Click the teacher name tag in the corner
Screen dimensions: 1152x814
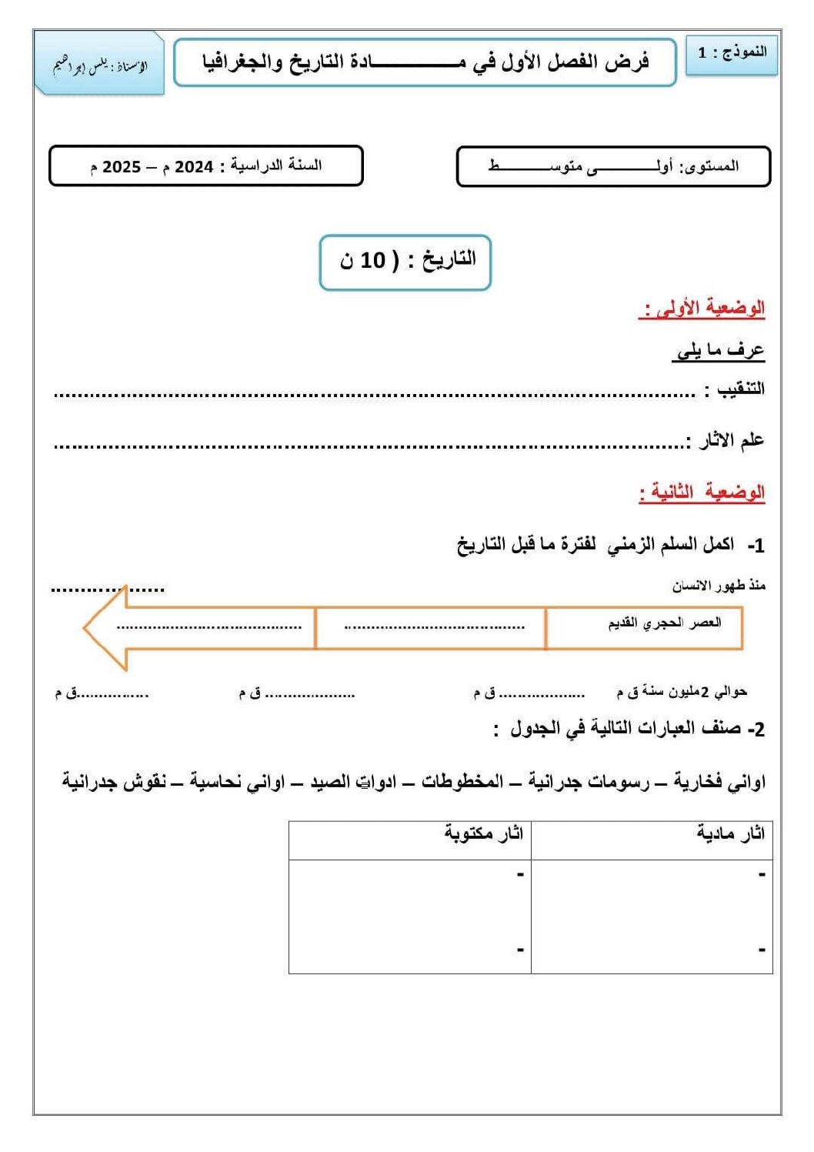click(99, 65)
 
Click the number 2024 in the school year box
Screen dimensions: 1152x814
click(194, 167)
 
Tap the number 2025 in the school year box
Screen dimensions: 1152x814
click(122, 167)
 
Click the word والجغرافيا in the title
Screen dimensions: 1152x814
click(242, 62)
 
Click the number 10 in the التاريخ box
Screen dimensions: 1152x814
click(373, 260)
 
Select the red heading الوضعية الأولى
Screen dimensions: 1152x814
click(702, 309)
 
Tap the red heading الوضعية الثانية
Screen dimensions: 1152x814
click(702, 492)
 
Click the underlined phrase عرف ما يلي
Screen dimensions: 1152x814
click(719, 352)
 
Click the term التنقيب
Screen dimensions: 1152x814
click(740, 389)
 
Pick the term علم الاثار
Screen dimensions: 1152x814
click(731, 440)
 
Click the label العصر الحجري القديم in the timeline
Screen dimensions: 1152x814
click(665, 623)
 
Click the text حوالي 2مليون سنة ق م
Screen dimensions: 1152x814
click(682, 692)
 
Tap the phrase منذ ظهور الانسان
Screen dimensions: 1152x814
click(719, 586)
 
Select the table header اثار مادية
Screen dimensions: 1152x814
click(730, 833)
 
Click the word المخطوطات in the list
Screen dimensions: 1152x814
click(462, 783)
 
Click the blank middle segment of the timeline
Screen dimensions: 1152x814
click(431, 628)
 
